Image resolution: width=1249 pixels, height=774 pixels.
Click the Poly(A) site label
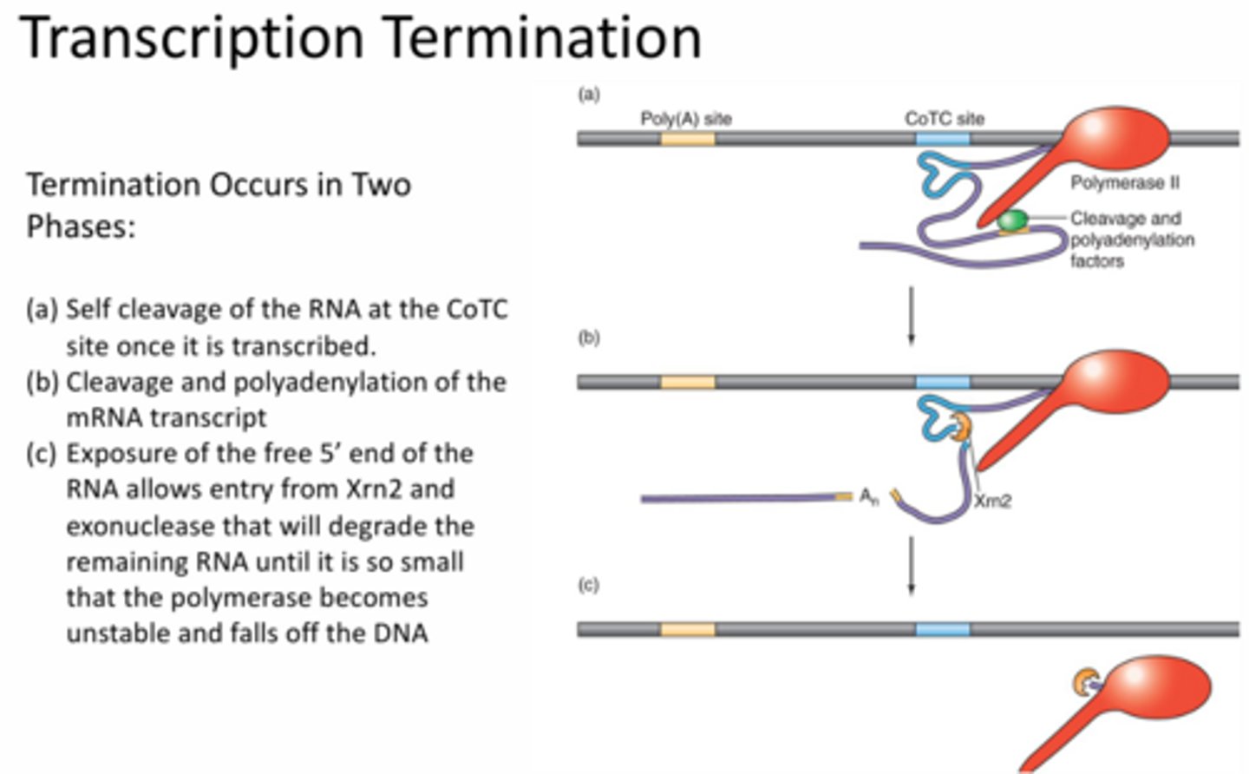click(x=685, y=118)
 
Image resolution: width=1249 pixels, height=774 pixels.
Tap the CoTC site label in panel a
click(x=944, y=118)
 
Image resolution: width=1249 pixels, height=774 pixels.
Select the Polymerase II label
click(x=1124, y=183)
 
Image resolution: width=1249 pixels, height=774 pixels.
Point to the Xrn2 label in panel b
click(x=992, y=501)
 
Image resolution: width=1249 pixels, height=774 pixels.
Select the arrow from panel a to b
click(x=911, y=316)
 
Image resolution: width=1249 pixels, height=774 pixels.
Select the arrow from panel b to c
click(x=911, y=565)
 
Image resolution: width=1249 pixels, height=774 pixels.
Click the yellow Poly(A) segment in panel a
click(x=688, y=138)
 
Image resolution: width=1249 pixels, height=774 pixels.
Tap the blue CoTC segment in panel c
click(x=943, y=629)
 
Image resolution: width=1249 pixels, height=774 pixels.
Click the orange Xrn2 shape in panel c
click(x=1083, y=682)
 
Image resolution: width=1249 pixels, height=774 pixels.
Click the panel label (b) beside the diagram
click(x=589, y=337)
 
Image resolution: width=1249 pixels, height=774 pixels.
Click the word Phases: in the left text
click(x=81, y=226)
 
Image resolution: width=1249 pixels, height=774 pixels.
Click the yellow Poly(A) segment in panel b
click(x=688, y=383)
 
